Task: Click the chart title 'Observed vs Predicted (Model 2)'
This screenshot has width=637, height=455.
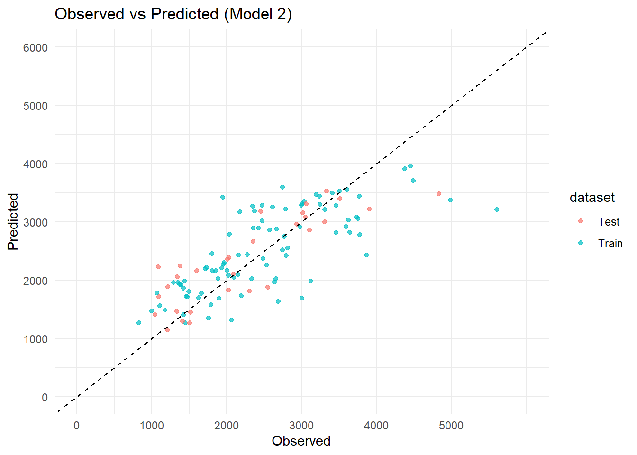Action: tap(173, 14)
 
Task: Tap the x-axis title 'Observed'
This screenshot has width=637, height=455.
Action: tap(301, 441)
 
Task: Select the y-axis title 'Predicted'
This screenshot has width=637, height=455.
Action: tap(13, 221)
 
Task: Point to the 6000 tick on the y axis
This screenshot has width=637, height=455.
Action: tap(36, 47)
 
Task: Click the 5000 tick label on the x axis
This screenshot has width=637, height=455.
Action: tap(451, 426)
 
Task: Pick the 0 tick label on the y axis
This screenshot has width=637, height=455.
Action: tap(45, 397)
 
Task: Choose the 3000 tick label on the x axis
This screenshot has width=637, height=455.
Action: tap(301, 426)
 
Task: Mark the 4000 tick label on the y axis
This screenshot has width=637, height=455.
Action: tap(36, 164)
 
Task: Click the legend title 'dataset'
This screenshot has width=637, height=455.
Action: tap(592, 197)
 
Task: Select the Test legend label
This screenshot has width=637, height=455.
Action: tap(609, 222)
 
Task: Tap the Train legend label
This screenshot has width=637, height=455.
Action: tap(610, 244)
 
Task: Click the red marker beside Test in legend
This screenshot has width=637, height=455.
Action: tap(581, 221)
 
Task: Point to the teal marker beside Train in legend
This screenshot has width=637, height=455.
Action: tap(581, 243)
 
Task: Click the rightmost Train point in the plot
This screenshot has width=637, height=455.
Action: tap(497, 209)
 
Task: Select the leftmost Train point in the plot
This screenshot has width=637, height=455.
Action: tap(139, 323)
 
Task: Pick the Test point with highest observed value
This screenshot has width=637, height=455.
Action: tap(439, 194)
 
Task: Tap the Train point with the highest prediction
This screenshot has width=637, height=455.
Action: tap(410, 166)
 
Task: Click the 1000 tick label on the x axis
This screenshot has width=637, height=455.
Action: tap(152, 426)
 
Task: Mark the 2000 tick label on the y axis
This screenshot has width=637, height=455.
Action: tap(36, 281)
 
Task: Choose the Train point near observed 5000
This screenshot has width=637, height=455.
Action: tap(450, 200)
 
